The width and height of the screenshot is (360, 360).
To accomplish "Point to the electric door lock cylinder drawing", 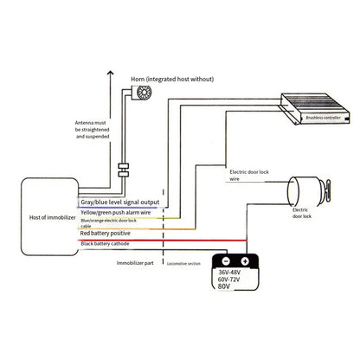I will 307,185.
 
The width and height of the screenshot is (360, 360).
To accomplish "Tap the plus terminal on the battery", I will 245,260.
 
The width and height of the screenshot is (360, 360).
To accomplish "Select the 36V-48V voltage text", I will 234,276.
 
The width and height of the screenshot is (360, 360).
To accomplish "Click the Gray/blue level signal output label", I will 125,202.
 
